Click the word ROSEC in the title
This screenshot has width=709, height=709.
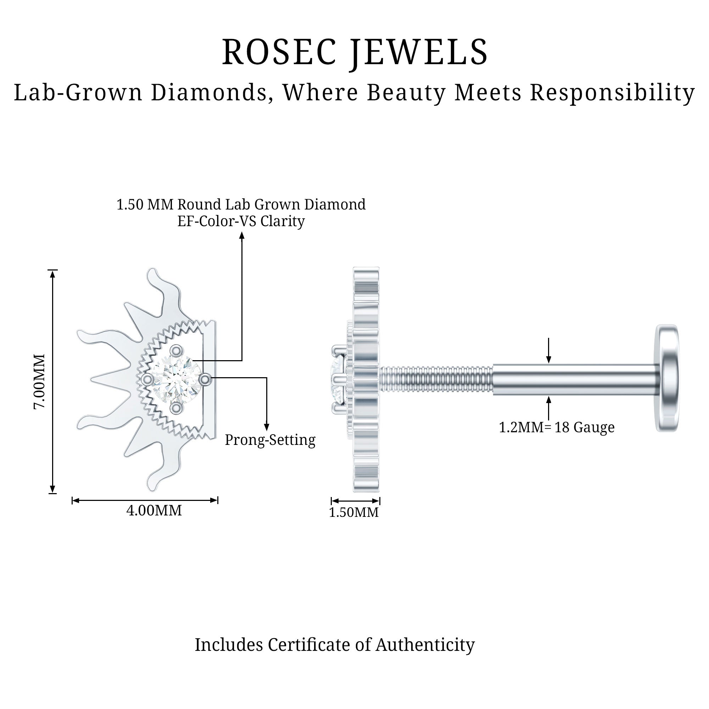(279, 52)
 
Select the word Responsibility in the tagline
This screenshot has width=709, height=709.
(612, 93)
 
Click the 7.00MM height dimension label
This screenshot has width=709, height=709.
(39, 381)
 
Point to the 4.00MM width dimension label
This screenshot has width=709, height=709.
(154, 510)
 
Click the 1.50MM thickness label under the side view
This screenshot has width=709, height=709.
(353, 512)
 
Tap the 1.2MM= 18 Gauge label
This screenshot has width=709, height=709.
(556, 427)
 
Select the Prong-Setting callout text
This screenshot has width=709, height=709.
(270, 440)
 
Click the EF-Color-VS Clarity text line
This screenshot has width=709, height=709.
(241, 221)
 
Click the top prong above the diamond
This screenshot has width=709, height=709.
(177, 351)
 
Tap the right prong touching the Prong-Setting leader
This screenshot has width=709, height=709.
(205, 379)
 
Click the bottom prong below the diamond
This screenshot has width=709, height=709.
(177, 407)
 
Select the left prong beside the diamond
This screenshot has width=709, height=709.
(147, 379)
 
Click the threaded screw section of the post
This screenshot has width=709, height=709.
(436, 380)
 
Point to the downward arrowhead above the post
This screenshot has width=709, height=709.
(549, 359)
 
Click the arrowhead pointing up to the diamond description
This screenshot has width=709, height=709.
(242, 236)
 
